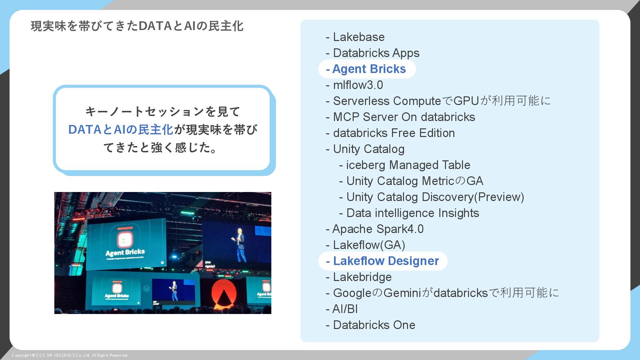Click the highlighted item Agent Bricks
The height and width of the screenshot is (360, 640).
pyautogui.click(x=367, y=69)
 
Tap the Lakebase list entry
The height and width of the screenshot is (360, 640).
pyautogui.click(x=355, y=37)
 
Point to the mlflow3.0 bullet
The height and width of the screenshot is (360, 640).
pyautogui.click(x=355, y=85)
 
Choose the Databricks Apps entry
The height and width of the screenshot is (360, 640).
pyautogui.click(x=373, y=53)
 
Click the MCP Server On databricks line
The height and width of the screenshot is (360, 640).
pyautogui.click(x=401, y=117)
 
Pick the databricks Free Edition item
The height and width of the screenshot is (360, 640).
pyautogui.click(x=390, y=133)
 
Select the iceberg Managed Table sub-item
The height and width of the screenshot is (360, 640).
pyautogui.click(x=405, y=165)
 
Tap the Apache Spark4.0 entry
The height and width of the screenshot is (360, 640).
pyautogui.click(x=375, y=229)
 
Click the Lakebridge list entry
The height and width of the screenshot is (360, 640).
pyautogui.click(x=359, y=277)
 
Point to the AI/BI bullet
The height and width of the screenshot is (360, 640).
pyautogui.click(x=342, y=309)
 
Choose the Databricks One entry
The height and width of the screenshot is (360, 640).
pyautogui.click(x=371, y=325)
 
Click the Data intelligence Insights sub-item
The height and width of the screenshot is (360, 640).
pyautogui.click(x=409, y=213)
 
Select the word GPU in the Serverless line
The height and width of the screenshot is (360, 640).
pyautogui.click(x=466, y=101)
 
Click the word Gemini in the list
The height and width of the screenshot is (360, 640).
pyautogui.click(x=402, y=293)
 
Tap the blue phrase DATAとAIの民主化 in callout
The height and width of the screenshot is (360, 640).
pyautogui.click(x=121, y=130)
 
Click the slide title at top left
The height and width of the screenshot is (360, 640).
pyautogui.click(x=137, y=26)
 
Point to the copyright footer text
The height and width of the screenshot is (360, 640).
pyautogui.click(x=70, y=355)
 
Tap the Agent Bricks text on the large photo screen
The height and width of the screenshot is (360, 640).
pyautogui.click(x=125, y=253)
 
